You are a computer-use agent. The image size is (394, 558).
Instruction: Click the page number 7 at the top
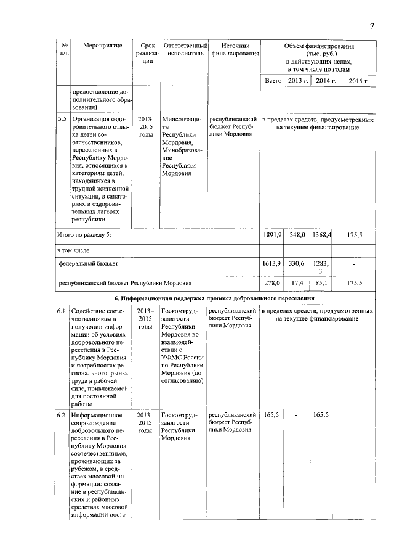(x=372, y=25)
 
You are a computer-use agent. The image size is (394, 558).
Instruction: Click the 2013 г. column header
(x=297, y=81)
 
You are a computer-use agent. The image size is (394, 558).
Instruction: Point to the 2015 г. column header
(x=358, y=81)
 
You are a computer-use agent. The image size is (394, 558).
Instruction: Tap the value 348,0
(x=297, y=235)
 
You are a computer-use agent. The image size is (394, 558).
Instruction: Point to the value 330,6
(x=297, y=263)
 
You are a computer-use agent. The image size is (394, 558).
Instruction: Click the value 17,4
(x=297, y=283)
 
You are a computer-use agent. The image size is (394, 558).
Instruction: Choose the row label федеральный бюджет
(x=88, y=263)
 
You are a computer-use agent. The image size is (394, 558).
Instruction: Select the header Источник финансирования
(x=235, y=50)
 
